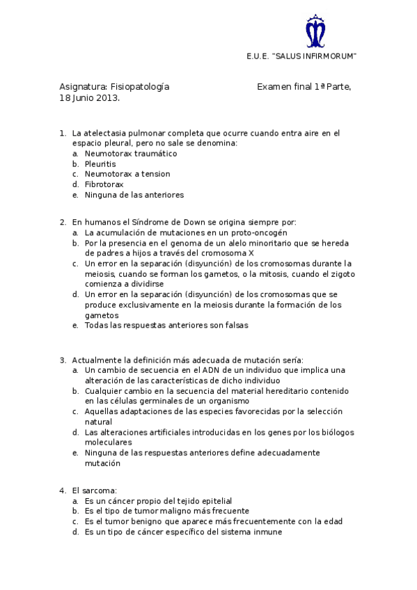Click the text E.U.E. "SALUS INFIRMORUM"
(x=301, y=56)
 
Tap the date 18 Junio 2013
(x=90, y=98)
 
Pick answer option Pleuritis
(x=100, y=164)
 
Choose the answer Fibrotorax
(x=104, y=184)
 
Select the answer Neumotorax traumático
(x=131, y=153)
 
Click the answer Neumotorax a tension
(x=127, y=174)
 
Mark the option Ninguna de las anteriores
(x=134, y=195)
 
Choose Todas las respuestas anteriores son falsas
(x=166, y=325)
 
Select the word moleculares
(x=108, y=442)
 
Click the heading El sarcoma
(x=94, y=490)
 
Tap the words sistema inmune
(x=253, y=532)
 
